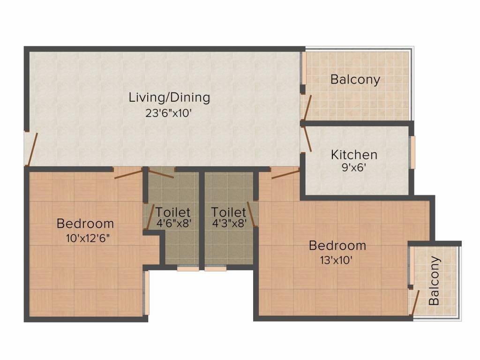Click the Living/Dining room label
point(169,98)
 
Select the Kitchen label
point(354,154)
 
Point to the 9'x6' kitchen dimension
point(354,167)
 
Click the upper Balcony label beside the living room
point(355,79)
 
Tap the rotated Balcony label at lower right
point(435,280)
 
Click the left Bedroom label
point(85,223)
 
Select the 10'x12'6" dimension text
point(88,238)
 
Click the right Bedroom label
point(337,245)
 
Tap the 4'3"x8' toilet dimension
point(229,224)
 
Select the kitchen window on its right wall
point(413,152)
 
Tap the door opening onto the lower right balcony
point(413,302)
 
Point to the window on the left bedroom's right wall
point(147,293)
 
